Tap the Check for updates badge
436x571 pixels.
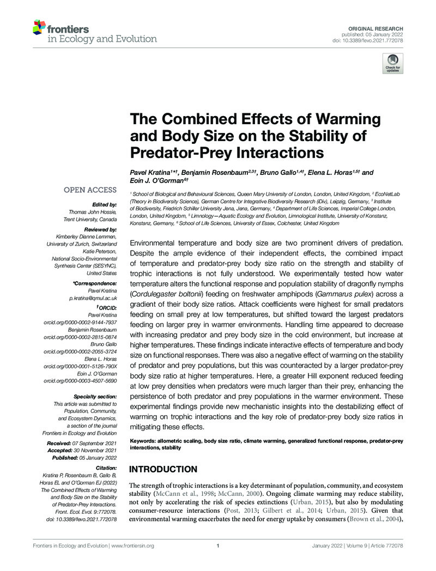[392, 63]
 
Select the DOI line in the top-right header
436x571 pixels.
[376, 40]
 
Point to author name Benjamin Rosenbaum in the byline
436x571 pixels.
[206, 173]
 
